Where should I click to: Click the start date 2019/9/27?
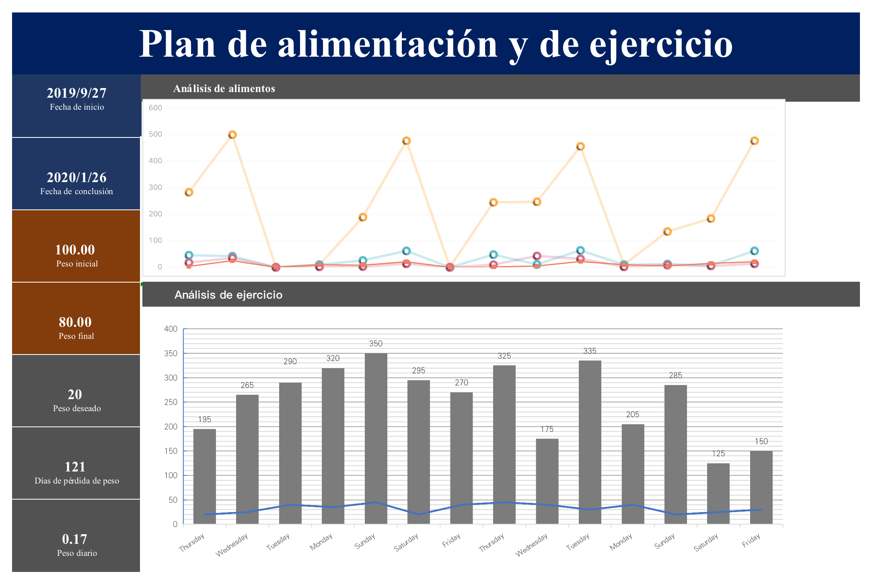[x=76, y=93]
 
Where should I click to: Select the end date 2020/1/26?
[x=76, y=178]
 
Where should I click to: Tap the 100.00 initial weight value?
[x=75, y=250]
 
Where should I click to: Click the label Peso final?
[x=76, y=336]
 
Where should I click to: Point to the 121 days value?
[x=75, y=467]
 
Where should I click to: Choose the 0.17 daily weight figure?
[x=75, y=539]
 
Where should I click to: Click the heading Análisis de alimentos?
[x=224, y=88]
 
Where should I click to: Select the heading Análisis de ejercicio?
[x=228, y=295]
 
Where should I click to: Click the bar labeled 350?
[x=376, y=438]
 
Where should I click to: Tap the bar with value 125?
[x=718, y=494]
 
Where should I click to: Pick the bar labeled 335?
[x=590, y=442]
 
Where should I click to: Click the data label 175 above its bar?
[x=547, y=429]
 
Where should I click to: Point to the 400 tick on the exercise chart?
[x=171, y=329]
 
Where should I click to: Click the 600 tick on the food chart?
[x=155, y=108]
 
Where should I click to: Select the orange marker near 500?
[x=232, y=135]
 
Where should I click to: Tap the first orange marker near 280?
[x=189, y=193]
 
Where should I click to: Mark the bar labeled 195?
[x=204, y=476]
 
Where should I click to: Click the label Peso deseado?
[x=77, y=408]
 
